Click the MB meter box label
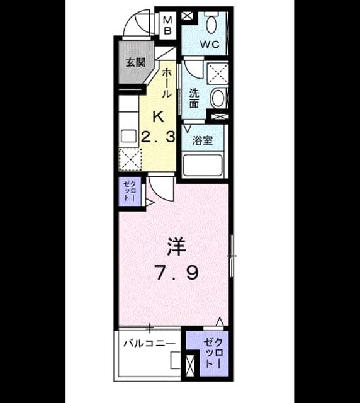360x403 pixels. click(x=167, y=25)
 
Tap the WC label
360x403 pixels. click(x=210, y=45)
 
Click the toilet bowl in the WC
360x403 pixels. click(x=211, y=24)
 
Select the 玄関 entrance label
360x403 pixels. click(x=136, y=62)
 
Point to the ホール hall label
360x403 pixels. click(x=167, y=82)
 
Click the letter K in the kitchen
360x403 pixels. click(x=159, y=117)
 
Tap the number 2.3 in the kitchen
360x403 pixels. click(x=159, y=137)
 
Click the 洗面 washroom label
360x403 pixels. click(x=194, y=98)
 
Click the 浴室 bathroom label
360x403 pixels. click(x=203, y=140)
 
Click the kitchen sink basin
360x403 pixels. click(x=128, y=136)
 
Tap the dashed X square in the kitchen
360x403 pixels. click(x=130, y=159)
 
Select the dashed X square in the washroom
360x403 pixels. click(x=218, y=73)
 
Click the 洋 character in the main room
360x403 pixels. click(x=176, y=247)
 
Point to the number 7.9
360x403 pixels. click(x=177, y=273)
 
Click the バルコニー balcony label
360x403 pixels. click(x=150, y=343)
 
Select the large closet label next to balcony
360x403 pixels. click(x=213, y=353)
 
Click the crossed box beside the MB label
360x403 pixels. click(x=187, y=16)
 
